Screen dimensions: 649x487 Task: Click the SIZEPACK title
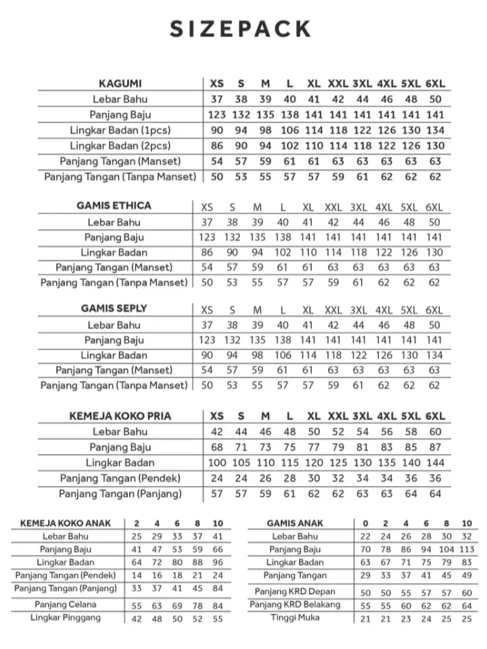(x=241, y=29)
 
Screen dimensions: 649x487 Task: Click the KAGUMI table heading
(x=120, y=84)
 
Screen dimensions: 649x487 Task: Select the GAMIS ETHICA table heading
(x=114, y=206)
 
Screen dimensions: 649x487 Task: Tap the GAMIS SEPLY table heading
(x=114, y=308)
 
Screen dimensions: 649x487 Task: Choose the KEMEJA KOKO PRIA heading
(x=120, y=416)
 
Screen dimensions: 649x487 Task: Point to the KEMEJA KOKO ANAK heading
(x=66, y=523)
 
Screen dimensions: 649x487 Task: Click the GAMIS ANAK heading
(x=295, y=523)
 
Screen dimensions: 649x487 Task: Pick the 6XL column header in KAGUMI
(x=435, y=84)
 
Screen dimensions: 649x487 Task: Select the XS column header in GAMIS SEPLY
(x=207, y=310)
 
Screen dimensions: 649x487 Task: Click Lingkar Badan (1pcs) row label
(x=120, y=130)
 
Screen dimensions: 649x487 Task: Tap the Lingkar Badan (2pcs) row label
(x=120, y=145)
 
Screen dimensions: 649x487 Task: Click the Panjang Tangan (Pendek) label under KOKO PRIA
(x=120, y=478)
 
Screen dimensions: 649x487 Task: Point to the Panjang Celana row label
(x=66, y=604)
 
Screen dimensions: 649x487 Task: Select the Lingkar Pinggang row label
(x=66, y=617)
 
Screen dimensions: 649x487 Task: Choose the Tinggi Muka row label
(x=296, y=617)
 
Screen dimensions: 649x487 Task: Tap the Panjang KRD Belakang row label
(x=296, y=604)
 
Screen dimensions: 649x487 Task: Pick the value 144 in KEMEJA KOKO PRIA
(x=435, y=462)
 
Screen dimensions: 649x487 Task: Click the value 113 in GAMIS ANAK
(x=467, y=549)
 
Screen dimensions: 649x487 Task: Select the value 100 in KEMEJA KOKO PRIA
(x=217, y=462)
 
